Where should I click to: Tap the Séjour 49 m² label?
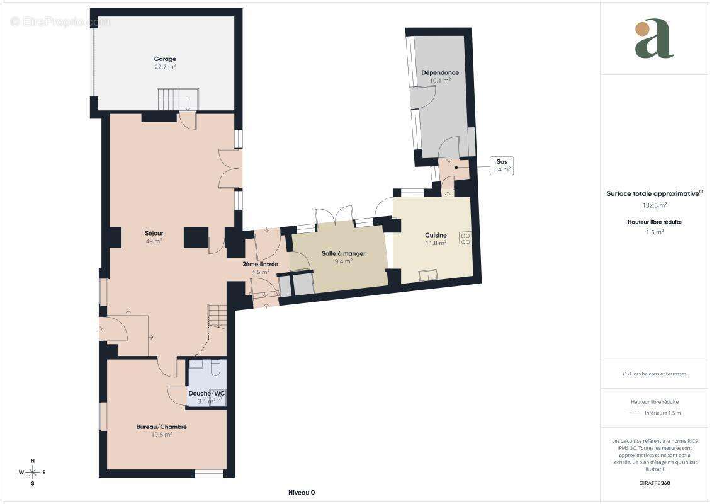tap(154, 238)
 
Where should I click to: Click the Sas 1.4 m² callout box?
tap(502, 166)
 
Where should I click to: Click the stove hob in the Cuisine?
tap(465, 239)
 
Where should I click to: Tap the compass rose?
tap(33, 472)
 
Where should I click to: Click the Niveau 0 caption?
tap(302, 492)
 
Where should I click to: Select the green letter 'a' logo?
tap(654, 38)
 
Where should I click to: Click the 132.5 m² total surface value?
tap(654, 205)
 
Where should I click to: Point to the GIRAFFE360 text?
tap(654, 483)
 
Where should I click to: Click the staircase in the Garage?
tap(178, 99)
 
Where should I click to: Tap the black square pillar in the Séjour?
tap(196, 238)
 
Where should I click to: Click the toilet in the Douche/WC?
tap(215, 367)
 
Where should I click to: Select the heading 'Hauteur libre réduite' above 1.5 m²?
tap(654, 222)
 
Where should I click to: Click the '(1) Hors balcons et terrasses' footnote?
tap(654, 374)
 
